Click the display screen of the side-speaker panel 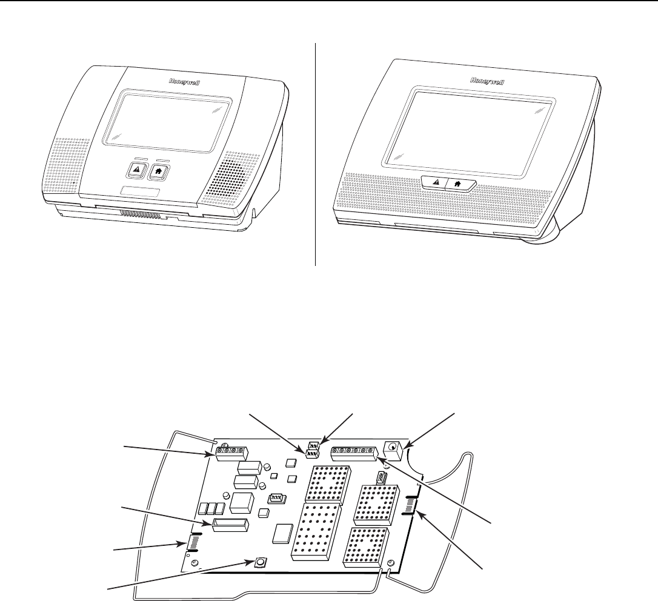168,118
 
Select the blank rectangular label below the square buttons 141,192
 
